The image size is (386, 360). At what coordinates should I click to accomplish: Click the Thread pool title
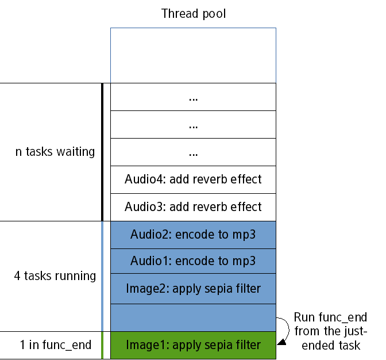pyautogui.click(x=194, y=13)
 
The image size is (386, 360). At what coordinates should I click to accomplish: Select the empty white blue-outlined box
pyautogui.click(x=193, y=55)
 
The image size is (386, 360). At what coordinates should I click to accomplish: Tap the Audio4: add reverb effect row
pyautogui.click(x=193, y=179)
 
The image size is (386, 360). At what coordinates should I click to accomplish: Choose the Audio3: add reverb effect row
pyautogui.click(x=193, y=207)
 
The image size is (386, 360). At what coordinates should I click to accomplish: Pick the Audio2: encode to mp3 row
pyautogui.click(x=193, y=235)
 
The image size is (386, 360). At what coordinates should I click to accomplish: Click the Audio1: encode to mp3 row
pyautogui.click(x=193, y=261)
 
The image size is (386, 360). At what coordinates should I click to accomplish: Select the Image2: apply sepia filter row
pyautogui.click(x=193, y=289)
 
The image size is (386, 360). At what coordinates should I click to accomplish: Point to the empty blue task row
pyautogui.click(x=193, y=317)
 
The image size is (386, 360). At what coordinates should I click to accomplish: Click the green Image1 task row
pyautogui.click(x=193, y=345)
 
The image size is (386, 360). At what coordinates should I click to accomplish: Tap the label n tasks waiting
pyautogui.click(x=55, y=152)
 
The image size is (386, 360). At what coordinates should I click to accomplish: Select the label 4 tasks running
pyautogui.click(x=55, y=276)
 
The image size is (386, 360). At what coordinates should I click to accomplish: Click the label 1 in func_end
pyautogui.click(x=55, y=345)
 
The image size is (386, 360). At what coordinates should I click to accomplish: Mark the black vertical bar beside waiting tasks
pyautogui.click(x=102, y=152)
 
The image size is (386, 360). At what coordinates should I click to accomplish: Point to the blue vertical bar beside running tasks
pyautogui.click(x=102, y=276)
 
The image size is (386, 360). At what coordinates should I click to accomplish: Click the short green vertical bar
pyautogui.click(x=102, y=345)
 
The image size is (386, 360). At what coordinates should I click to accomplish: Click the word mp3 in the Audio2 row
pyautogui.click(x=244, y=235)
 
